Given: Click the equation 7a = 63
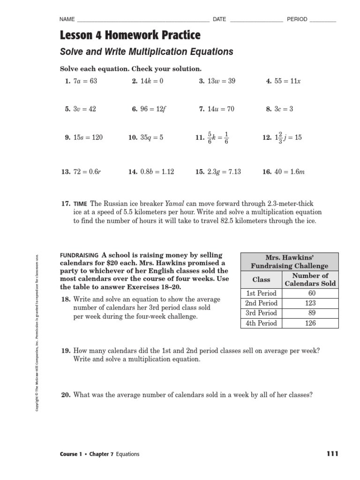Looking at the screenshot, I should [85, 81].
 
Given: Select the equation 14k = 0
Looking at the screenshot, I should [152, 81].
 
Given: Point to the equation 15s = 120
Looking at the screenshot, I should [88, 137].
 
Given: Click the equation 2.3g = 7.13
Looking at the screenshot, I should [224, 172].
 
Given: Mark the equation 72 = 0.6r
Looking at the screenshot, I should [87, 172].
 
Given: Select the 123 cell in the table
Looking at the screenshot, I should [310, 303].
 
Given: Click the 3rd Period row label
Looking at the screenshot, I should [262, 313].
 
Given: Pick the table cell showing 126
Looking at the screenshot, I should [310, 323].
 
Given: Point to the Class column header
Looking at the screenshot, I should [261, 279].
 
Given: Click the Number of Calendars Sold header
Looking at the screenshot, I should [310, 279].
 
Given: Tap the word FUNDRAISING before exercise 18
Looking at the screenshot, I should [79, 255].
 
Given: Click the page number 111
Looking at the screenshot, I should [331, 454].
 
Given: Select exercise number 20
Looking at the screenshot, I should [66, 382].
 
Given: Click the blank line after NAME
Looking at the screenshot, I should [142, 20].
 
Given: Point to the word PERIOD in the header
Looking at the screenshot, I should [297, 19].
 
